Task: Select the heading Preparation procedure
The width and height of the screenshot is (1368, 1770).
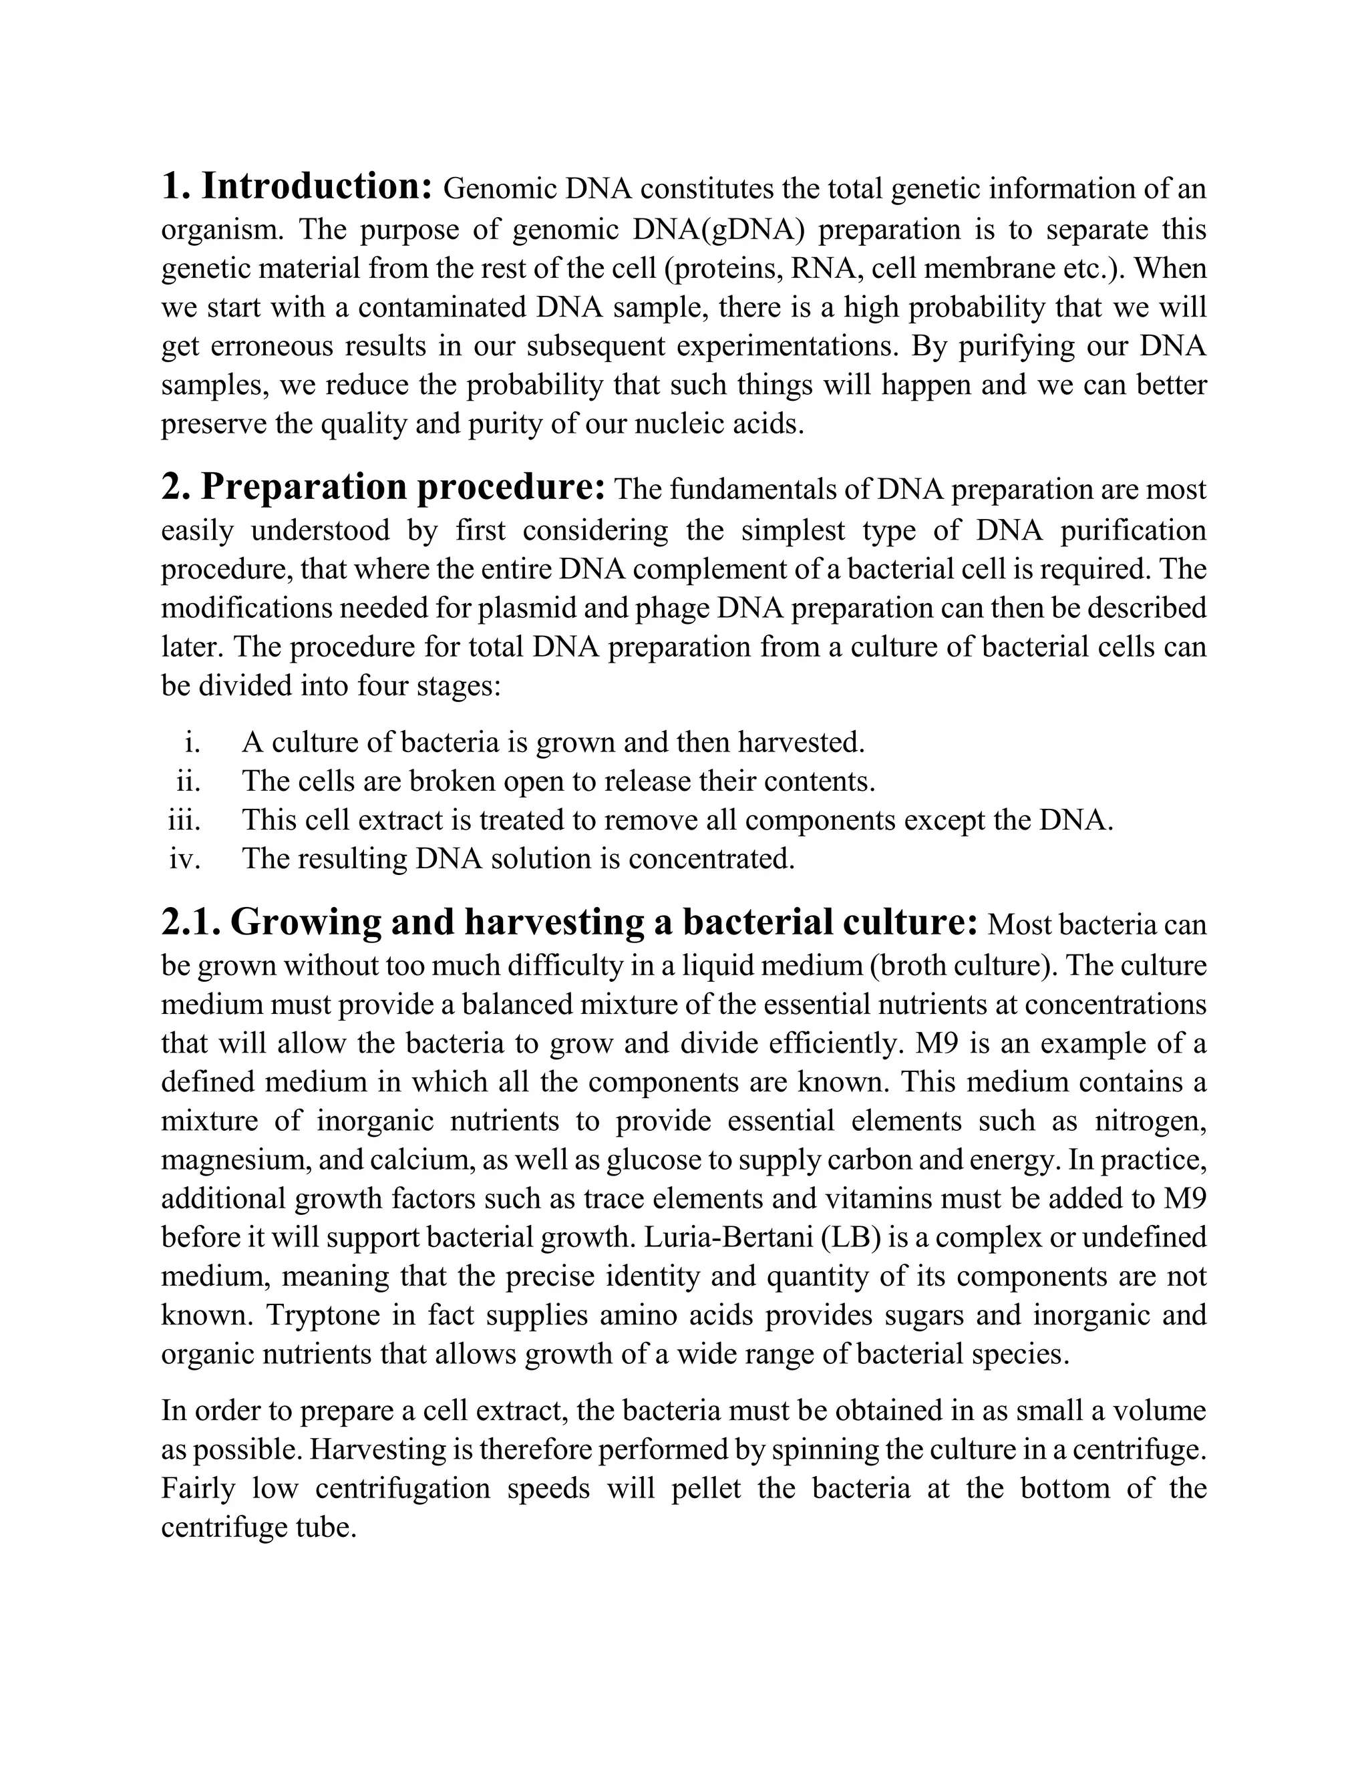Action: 403,487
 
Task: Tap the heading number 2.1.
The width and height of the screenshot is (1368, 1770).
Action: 190,922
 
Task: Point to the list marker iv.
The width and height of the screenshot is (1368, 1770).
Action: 185,859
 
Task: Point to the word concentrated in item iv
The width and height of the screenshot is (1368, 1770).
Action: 711,859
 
